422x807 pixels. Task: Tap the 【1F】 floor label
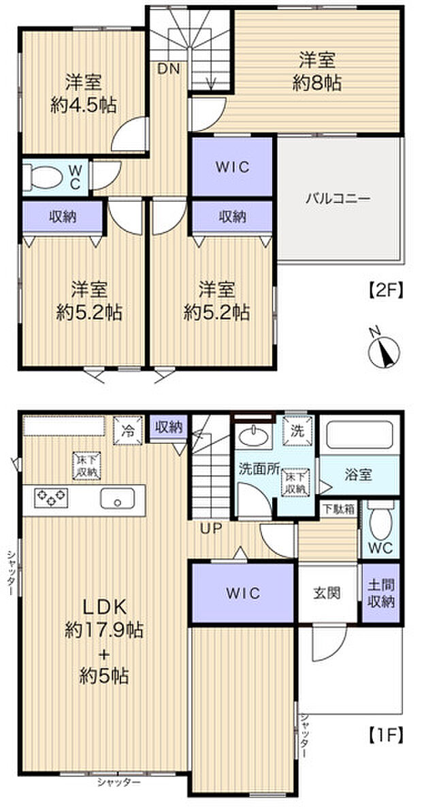coord(385,735)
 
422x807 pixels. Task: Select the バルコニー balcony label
coord(337,199)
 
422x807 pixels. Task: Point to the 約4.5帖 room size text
coord(83,106)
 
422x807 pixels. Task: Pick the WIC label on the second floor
coord(233,167)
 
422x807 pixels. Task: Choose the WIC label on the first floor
coord(243,593)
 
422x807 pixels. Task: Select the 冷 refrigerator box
coord(127,429)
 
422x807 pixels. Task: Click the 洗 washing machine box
coord(297,430)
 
